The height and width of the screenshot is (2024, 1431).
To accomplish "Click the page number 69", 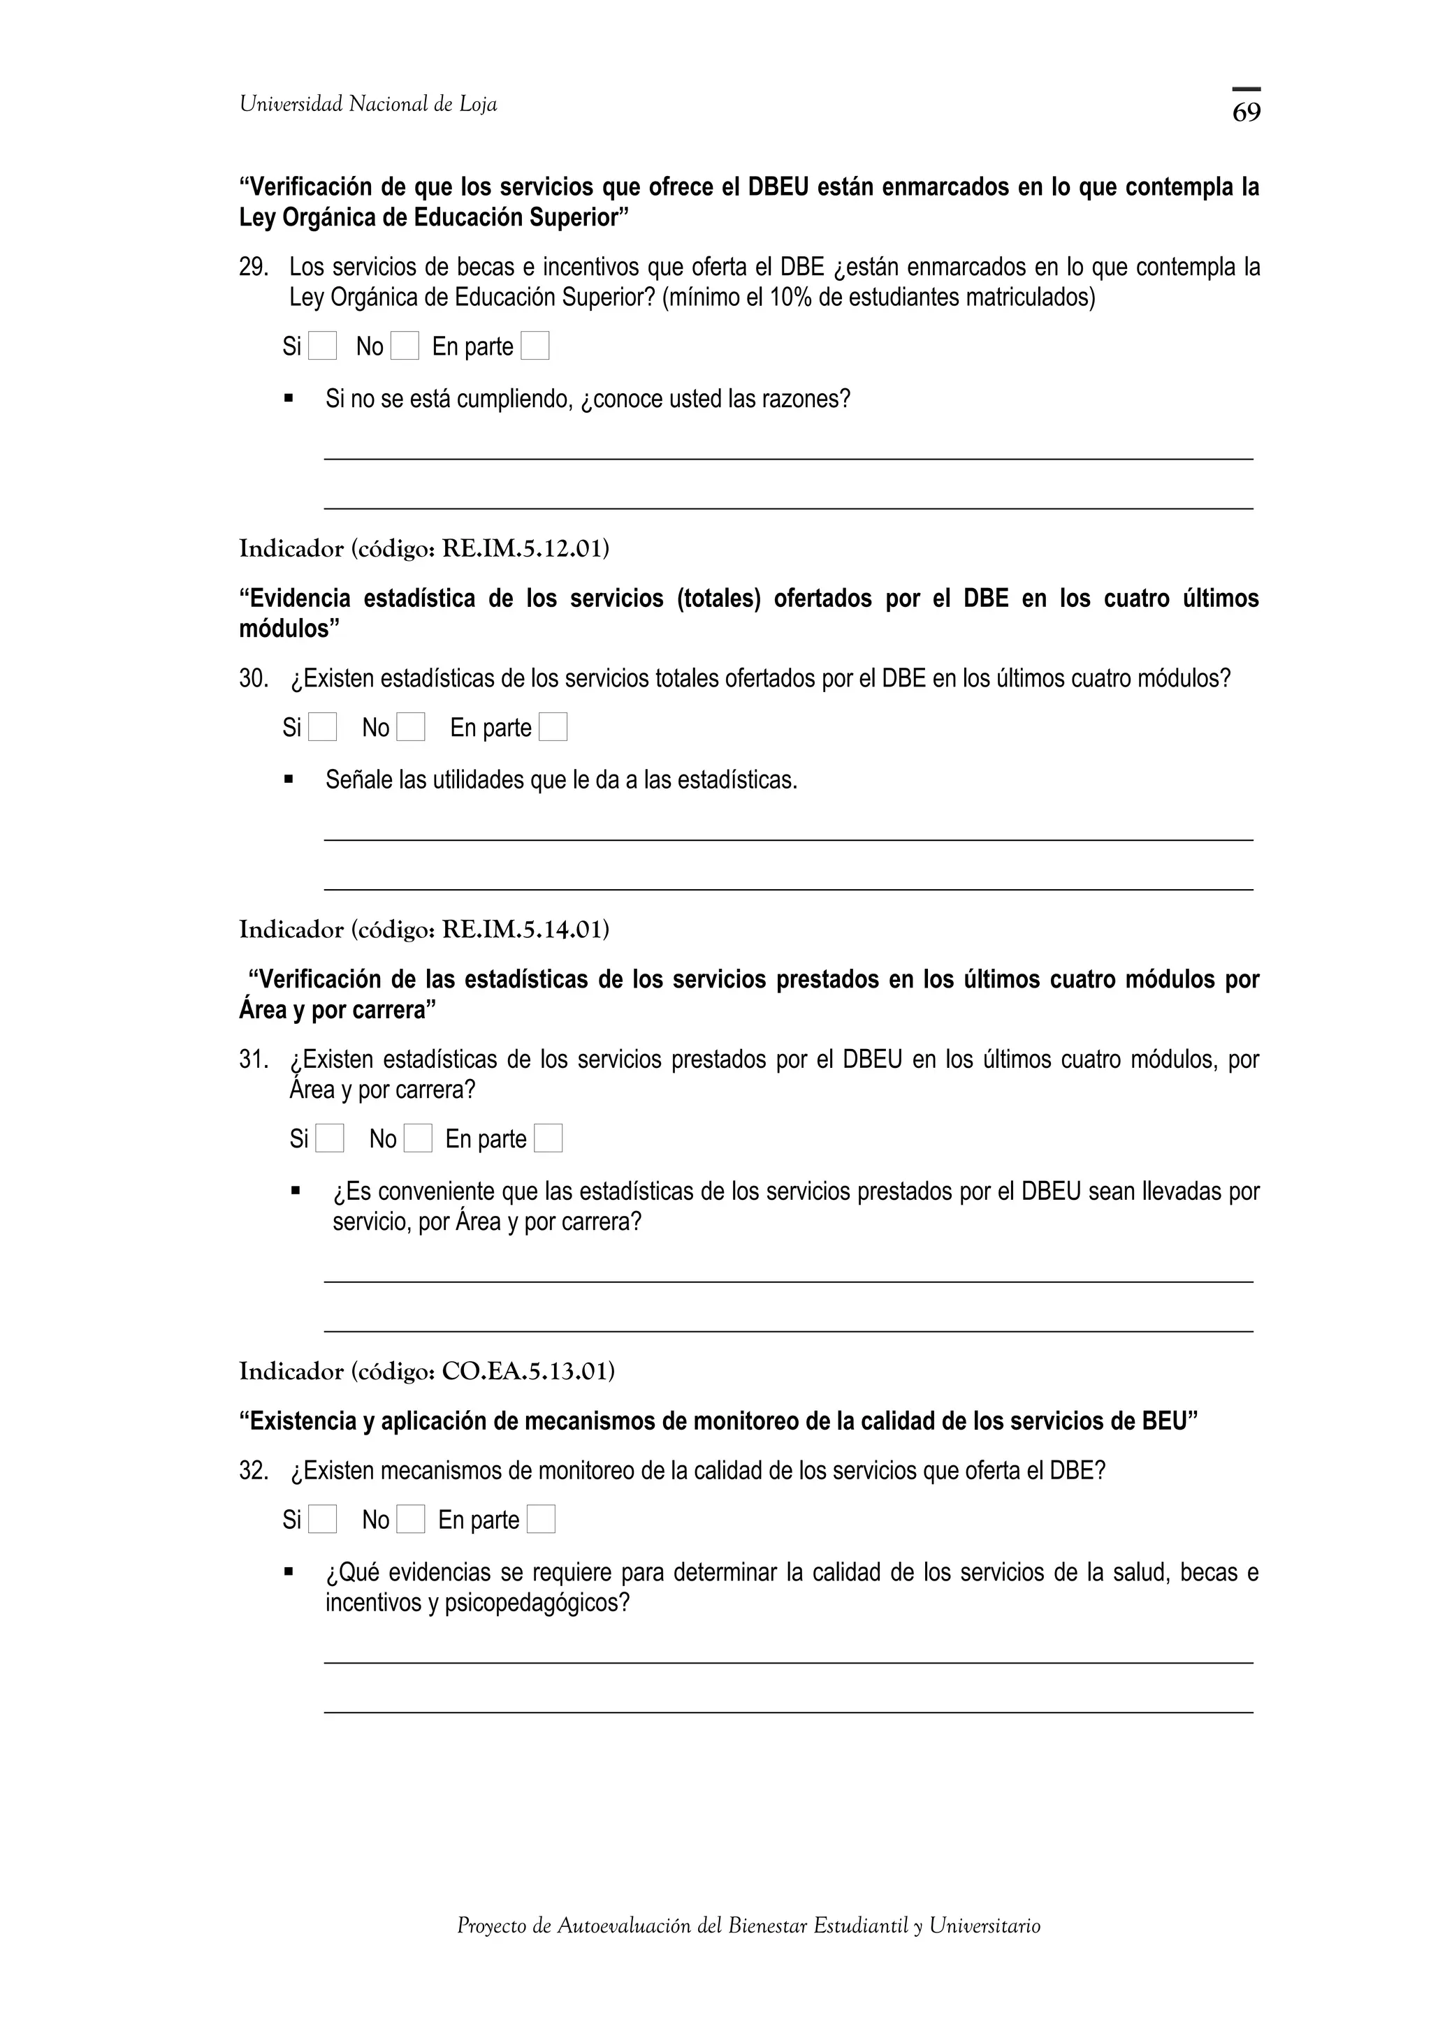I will [x=1246, y=112].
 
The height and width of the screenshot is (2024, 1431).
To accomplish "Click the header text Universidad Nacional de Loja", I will [x=368, y=105].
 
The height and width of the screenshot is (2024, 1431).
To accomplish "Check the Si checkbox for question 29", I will [x=323, y=346].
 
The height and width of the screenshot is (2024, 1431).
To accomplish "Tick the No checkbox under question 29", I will [x=405, y=346].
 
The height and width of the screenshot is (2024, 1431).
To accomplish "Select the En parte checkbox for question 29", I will [x=535, y=346].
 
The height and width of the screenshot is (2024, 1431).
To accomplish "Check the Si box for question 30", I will [x=323, y=727].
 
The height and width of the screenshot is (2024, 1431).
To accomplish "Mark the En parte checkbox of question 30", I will [x=553, y=727].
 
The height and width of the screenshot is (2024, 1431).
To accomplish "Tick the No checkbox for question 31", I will [x=418, y=1139].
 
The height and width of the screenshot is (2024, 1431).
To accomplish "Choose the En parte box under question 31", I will [x=549, y=1139].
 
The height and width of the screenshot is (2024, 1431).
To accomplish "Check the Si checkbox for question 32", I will [x=323, y=1520].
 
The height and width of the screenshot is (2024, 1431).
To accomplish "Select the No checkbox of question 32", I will [x=411, y=1520].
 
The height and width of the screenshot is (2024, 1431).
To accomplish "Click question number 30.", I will [x=253, y=679].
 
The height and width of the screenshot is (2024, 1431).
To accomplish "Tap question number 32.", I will [x=253, y=1472].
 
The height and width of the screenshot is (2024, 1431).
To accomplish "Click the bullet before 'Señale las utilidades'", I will [x=289, y=779].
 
